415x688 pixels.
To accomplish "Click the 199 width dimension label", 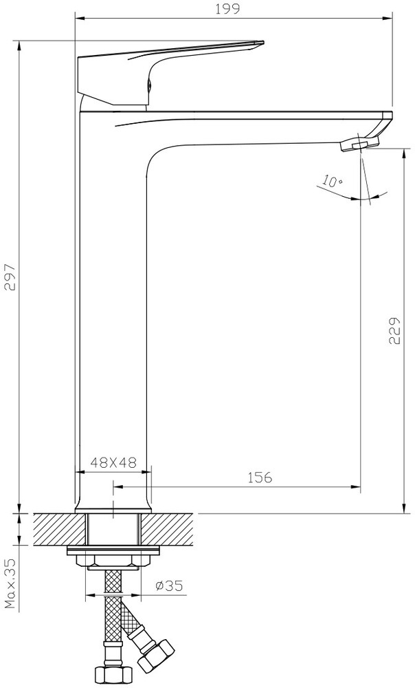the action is tap(227, 9).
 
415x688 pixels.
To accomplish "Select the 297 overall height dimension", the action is tap(10, 277).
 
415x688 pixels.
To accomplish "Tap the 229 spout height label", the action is tap(394, 330).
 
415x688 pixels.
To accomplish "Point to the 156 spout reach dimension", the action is tap(260, 477).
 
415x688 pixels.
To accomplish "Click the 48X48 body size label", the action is tap(113, 462).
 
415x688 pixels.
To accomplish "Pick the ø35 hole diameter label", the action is tap(169, 585).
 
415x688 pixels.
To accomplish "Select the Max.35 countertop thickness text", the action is tap(10, 583).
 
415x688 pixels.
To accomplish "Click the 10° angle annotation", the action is tap(333, 180).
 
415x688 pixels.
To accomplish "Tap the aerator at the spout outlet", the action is tap(359, 144).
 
